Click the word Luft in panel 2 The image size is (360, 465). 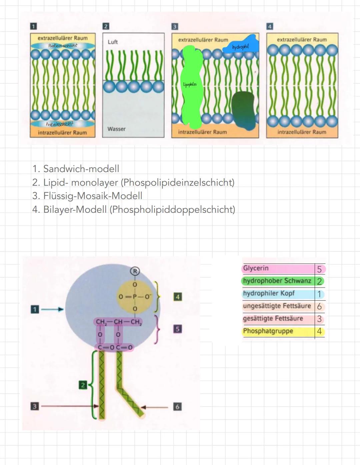(x=113, y=42)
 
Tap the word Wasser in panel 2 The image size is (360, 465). (x=116, y=129)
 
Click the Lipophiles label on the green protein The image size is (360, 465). (x=190, y=85)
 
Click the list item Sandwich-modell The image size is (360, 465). (x=81, y=169)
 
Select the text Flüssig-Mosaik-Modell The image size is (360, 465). (x=93, y=196)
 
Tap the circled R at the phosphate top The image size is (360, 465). (x=135, y=271)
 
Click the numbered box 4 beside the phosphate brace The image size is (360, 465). (x=178, y=297)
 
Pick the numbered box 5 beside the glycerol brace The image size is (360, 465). (x=177, y=329)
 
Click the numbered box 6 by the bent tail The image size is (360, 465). (x=177, y=407)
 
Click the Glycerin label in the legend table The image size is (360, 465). (x=256, y=268)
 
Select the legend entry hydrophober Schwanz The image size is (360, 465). (x=277, y=281)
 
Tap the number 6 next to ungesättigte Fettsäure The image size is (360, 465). (x=319, y=306)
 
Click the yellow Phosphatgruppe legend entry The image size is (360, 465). (x=268, y=331)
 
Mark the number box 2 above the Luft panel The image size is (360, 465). (x=105, y=26)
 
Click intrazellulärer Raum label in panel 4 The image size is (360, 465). (x=302, y=132)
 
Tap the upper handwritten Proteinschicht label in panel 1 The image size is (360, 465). (x=63, y=45)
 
